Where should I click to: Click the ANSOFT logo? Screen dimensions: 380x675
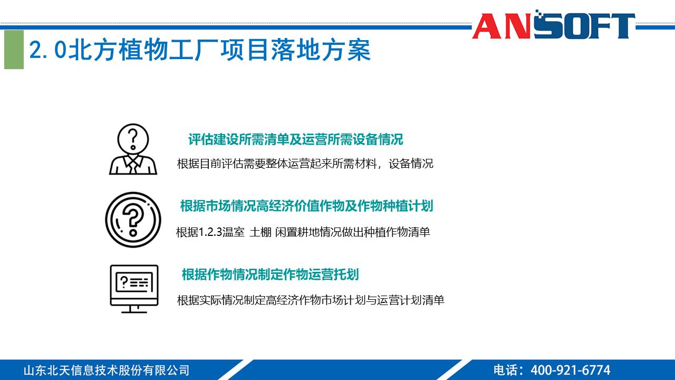pyautogui.click(x=553, y=25)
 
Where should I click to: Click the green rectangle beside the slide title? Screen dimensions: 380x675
pyautogui.click(x=14, y=50)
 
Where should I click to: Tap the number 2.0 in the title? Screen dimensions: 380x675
pyautogui.click(x=48, y=51)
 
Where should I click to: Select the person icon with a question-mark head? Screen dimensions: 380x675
pyautogui.click(x=133, y=149)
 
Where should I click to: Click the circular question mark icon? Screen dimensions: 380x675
pyautogui.click(x=133, y=220)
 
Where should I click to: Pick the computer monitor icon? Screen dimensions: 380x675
pyautogui.click(x=134, y=288)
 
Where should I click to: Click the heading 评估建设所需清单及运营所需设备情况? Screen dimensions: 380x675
pyautogui.click(x=295, y=139)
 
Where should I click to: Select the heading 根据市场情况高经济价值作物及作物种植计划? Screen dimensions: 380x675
pyautogui.click(x=306, y=206)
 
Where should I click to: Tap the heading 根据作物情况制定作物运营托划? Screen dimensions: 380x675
pyautogui.click(x=270, y=274)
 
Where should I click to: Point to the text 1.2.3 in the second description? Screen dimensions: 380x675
pyautogui.click(x=210, y=232)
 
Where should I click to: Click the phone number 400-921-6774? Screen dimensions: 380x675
pyautogui.click(x=570, y=370)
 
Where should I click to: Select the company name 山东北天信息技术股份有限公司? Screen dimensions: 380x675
pyautogui.click(x=106, y=370)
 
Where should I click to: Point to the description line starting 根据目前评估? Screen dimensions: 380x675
pyautogui.click(x=305, y=164)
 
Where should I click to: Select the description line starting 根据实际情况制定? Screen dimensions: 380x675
pyautogui.click(x=311, y=300)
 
